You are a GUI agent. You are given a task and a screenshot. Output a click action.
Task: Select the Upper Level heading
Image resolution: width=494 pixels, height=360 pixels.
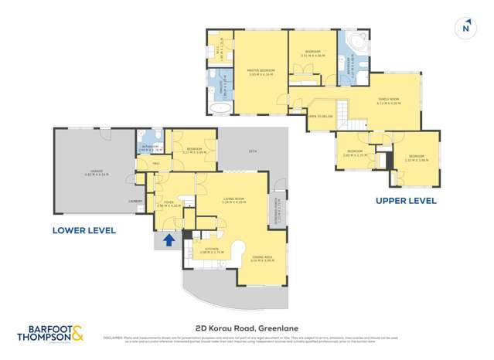[406, 201]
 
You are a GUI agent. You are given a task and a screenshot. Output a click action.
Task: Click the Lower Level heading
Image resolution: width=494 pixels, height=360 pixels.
[83, 230]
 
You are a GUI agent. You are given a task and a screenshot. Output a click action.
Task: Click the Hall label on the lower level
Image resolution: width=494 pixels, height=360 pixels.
[155, 163]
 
